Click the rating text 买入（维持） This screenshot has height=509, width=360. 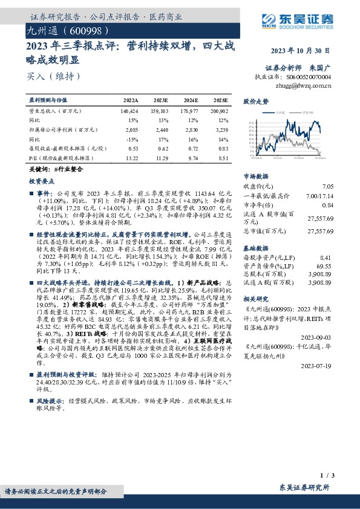pos(53,76)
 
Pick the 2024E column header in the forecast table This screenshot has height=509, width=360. pos(191,100)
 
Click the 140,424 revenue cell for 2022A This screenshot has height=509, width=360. pos(129,112)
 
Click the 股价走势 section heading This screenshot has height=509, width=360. pos(255,102)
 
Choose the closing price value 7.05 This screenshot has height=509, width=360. pos(329,187)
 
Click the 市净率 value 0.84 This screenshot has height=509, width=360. pos(329,205)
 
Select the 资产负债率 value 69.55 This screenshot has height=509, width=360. pos(325,266)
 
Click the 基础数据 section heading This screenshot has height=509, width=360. pos(255,248)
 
